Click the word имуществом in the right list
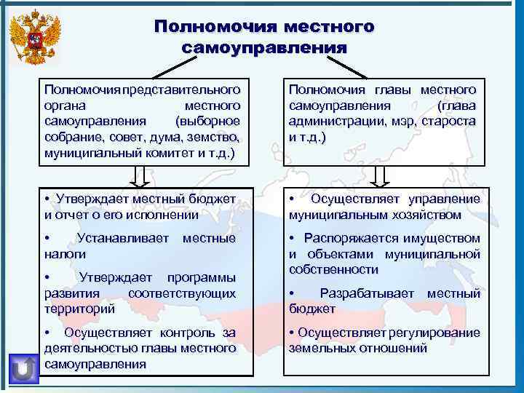click(x=440, y=238)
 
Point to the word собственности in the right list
click(x=333, y=269)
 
